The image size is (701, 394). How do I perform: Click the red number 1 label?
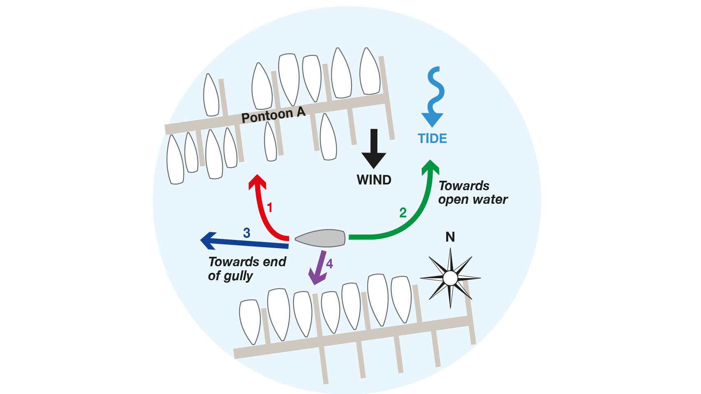[270, 207]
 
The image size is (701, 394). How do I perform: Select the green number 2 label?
[403, 212]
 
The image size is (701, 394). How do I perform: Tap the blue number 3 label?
[247, 233]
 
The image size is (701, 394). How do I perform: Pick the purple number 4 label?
[329, 264]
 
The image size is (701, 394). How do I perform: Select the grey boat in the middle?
[320, 238]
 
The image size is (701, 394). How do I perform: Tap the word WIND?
[374, 180]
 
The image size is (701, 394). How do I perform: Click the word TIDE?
[432, 138]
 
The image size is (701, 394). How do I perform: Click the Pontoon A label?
[273, 115]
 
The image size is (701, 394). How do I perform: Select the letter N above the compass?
[450, 237]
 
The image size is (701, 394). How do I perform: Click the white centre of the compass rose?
[450, 278]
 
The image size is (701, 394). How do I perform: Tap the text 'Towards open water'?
[472, 193]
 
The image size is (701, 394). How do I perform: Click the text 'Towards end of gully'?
[247, 268]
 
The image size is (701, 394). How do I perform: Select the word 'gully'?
[238, 276]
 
